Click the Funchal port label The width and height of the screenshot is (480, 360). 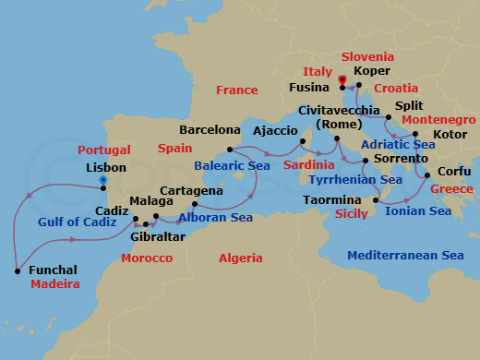tap(54, 270)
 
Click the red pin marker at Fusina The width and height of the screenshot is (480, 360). tap(342, 81)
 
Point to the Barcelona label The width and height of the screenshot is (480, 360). tap(210, 130)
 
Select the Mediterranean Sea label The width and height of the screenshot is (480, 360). tap(401, 256)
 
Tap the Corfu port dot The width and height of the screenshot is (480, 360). tap(427, 172)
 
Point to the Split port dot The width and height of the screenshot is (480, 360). tap(388, 117)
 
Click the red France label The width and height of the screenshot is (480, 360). tap(236, 90)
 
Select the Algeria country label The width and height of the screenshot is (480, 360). tap(240, 258)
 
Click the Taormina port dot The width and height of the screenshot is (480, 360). tap(375, 199)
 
